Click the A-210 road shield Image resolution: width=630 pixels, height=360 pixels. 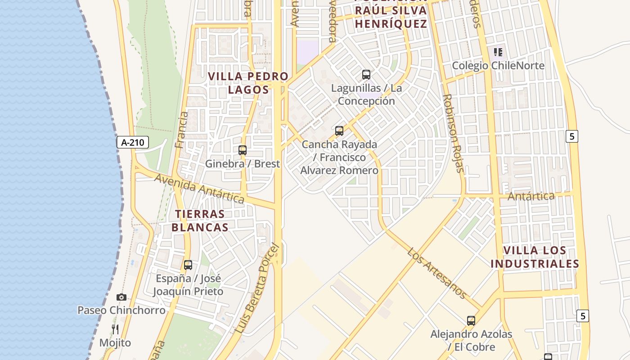133,143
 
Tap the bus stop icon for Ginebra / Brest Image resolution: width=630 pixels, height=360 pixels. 243,150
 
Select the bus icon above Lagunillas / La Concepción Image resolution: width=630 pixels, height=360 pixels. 366,75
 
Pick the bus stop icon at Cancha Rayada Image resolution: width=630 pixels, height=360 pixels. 339,131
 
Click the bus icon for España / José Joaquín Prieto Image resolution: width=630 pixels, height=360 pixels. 188,265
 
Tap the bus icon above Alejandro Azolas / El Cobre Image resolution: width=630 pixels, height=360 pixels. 471,321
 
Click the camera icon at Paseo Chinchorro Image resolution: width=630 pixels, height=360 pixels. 121,297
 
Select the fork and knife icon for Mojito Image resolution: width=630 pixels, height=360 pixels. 115,329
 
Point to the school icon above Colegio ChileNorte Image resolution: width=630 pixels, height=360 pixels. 498,52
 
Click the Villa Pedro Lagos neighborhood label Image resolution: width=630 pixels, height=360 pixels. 248,83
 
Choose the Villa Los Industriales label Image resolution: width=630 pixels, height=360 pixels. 535,257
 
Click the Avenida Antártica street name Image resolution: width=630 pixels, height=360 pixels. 199,189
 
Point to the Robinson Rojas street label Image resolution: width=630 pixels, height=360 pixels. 453,133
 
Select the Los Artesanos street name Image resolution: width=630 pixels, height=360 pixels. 437,273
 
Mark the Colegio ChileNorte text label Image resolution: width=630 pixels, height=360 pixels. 498,66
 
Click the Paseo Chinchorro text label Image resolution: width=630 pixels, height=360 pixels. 121,310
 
